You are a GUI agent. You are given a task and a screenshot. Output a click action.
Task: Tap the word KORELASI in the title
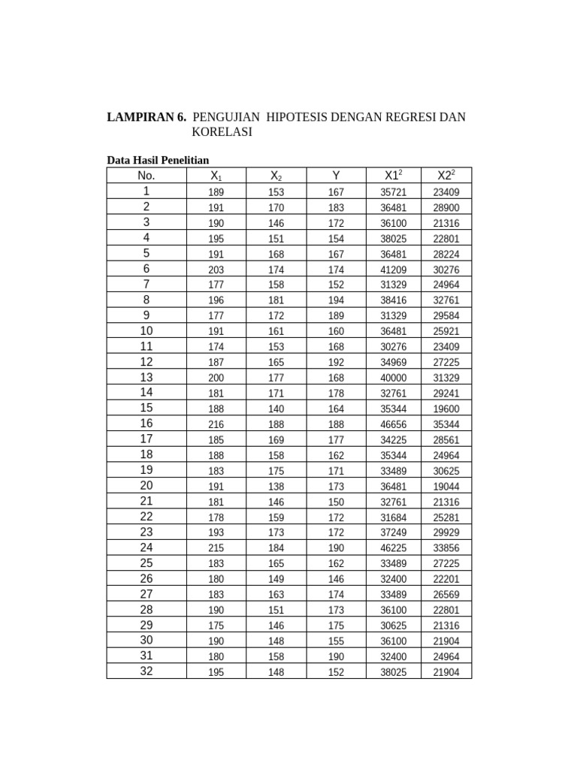pos(222,132)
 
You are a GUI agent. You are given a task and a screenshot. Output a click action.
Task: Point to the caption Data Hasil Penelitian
pos(158,160)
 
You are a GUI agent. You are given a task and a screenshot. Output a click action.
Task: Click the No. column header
pos(146,176)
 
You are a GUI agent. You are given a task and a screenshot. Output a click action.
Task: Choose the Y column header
pos(336,176)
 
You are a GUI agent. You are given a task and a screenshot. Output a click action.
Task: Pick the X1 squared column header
pos(394,176)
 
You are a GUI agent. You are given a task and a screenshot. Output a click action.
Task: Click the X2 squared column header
pos(446,176)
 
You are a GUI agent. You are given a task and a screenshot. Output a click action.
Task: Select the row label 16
pos(146,424)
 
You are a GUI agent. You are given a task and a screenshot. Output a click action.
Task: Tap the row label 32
pos(146,671)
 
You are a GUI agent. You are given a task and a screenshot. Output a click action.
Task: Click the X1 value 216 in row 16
pos(216,425)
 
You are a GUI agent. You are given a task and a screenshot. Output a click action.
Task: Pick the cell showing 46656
pos(394,425)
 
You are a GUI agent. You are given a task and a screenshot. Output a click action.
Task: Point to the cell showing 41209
pos(394,270)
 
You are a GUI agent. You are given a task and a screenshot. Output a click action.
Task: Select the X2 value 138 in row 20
pos(276,487)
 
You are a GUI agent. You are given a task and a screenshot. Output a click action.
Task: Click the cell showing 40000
pos(394,378)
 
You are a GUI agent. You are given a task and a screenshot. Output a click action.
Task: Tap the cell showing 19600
pos(446,409)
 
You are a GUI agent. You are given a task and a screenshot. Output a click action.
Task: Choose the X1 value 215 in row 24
pos(216,549)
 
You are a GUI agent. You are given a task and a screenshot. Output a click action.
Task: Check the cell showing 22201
pos(446,580)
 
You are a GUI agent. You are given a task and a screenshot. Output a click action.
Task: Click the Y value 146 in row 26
pos(336,580)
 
